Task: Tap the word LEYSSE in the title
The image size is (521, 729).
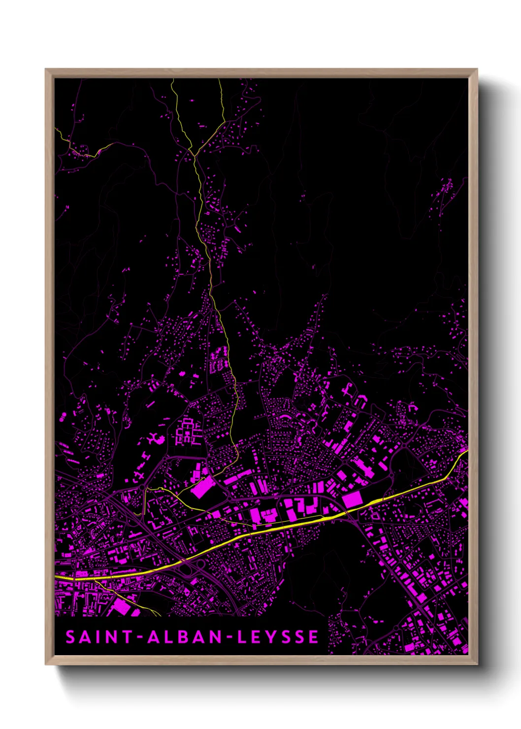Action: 278,637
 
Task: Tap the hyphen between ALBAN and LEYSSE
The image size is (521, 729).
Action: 229,637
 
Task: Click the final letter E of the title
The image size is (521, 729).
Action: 314,637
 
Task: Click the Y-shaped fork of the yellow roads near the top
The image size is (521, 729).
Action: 194,156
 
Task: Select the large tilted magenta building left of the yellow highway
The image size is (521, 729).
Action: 202,488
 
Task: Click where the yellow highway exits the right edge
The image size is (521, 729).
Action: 467,451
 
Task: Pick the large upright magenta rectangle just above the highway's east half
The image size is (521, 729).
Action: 352,499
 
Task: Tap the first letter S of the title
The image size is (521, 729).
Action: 71,637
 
